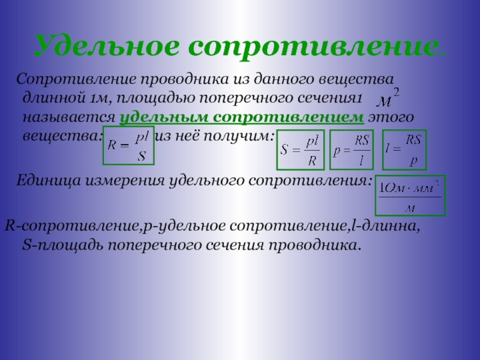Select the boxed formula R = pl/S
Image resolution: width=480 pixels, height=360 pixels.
(128, 146)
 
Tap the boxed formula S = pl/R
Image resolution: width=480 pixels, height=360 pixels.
(301, 149)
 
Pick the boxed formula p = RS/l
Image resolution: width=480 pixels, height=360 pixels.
(352, 149)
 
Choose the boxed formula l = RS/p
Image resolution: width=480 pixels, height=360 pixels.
(404, 149)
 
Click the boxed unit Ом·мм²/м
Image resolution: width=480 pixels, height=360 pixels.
(410, 196)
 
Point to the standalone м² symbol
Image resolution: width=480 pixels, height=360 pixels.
(388, 98)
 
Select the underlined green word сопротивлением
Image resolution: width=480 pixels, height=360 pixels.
(289, 117)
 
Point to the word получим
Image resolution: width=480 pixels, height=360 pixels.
(239, 136)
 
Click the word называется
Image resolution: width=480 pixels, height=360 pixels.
(69, 118)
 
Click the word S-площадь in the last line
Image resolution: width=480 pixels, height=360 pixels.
(62, 245)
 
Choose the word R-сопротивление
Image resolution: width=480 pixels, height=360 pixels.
(72, 227)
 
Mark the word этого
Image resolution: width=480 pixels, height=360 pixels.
(391, 118)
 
